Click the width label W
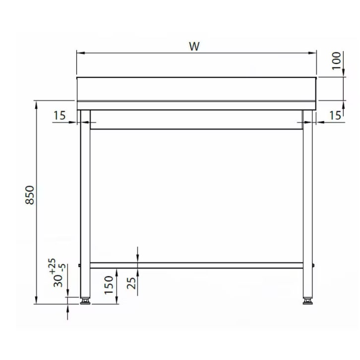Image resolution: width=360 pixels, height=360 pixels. (194, 47)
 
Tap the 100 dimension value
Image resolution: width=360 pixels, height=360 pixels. (337, 61)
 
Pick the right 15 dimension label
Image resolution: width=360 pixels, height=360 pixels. (335, 116)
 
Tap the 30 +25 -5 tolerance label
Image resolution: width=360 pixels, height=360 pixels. (57, 273)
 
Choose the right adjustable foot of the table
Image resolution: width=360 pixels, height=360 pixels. (308, 300)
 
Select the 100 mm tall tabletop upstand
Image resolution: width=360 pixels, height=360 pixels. (196, 89)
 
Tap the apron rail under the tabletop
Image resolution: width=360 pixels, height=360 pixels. (196, 120)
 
